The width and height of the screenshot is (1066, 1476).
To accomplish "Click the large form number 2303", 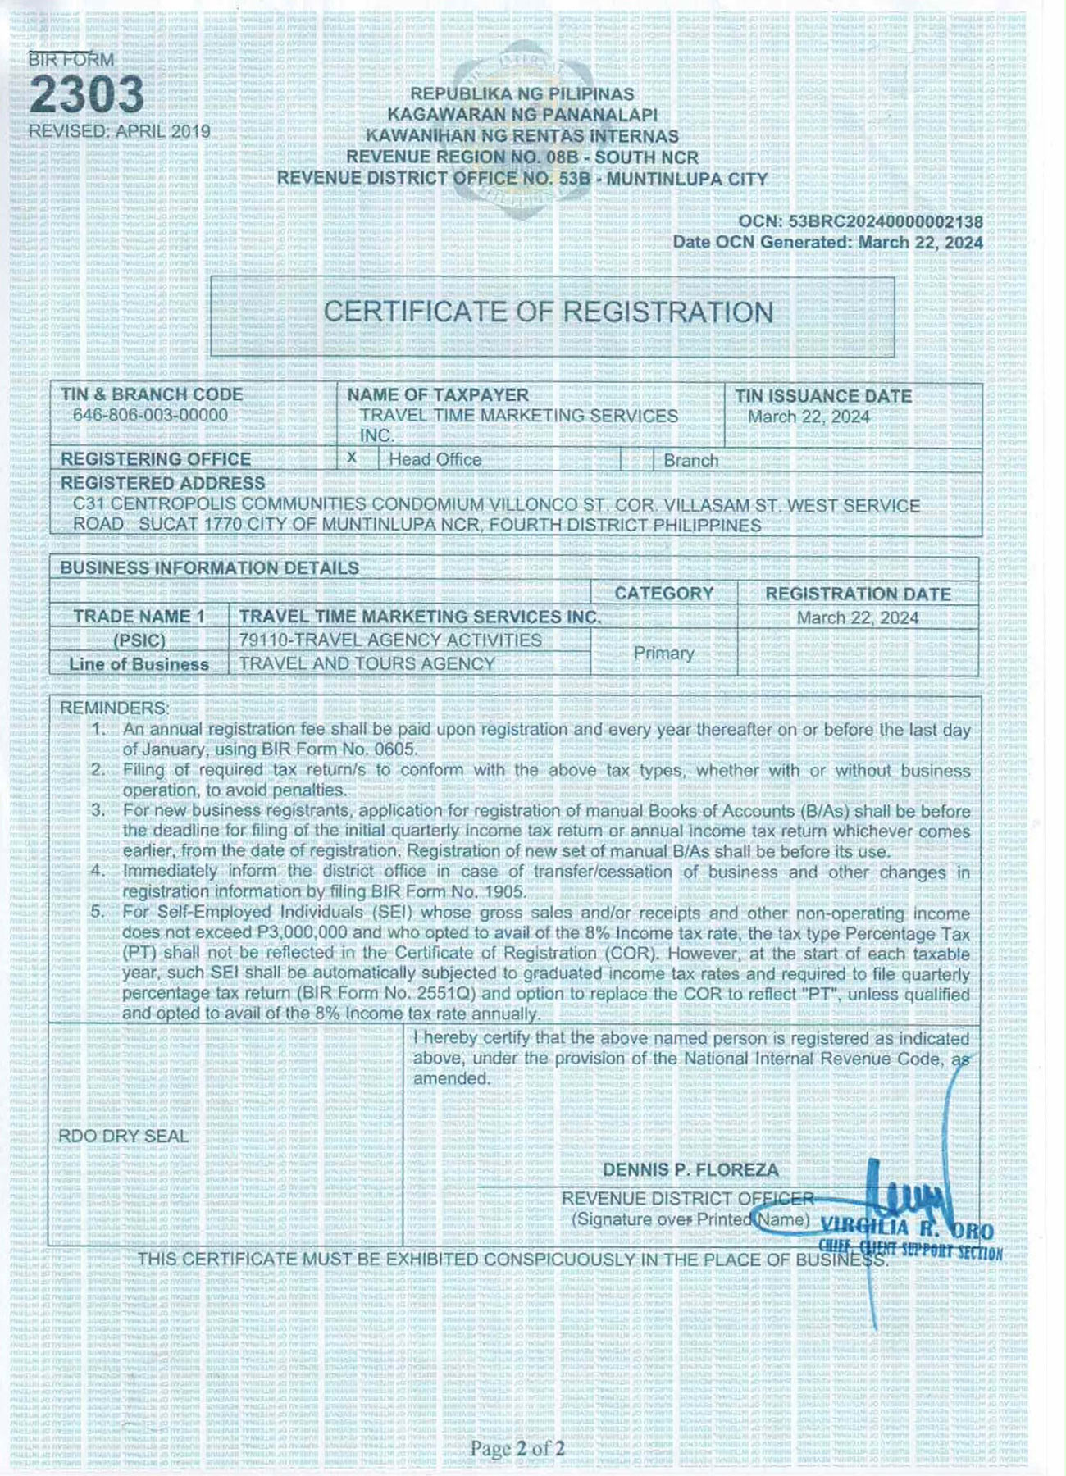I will (x=87, y=95).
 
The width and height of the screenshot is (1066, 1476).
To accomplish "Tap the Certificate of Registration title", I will (x=548, y=312).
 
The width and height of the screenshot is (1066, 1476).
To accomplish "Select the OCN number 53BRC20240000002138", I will (x=885, y=221).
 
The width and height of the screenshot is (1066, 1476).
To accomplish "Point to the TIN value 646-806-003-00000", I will (x=150, y=415).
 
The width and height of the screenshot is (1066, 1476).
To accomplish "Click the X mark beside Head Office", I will (x=352, y=457).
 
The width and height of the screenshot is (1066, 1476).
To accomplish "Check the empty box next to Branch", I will (x=636, y=459).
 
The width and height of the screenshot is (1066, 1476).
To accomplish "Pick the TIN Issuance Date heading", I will (x=822, y=396).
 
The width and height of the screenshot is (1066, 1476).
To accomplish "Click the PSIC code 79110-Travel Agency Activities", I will (x=390, y=640).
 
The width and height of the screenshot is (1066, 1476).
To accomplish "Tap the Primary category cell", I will (x=663, y=654).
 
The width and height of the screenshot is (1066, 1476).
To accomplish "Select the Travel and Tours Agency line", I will (x=367, y=663).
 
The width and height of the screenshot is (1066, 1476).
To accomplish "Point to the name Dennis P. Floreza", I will (x=690, y=1170).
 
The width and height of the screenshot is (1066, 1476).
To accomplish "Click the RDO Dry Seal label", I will (x=123, y=1137).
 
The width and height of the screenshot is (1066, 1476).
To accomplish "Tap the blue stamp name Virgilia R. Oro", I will (x=906, y=1228).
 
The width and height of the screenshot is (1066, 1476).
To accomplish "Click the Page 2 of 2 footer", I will (x=517, y=1449).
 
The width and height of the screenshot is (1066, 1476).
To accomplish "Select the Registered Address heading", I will (x=162, y=483).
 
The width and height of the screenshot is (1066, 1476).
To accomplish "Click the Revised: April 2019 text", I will (x=120, y=131).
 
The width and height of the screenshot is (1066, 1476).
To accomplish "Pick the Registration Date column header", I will (x=858, y=594).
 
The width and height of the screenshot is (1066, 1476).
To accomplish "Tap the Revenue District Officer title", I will (x=687, y=1198).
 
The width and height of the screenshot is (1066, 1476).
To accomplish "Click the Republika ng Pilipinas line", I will (x=522, y=94).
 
